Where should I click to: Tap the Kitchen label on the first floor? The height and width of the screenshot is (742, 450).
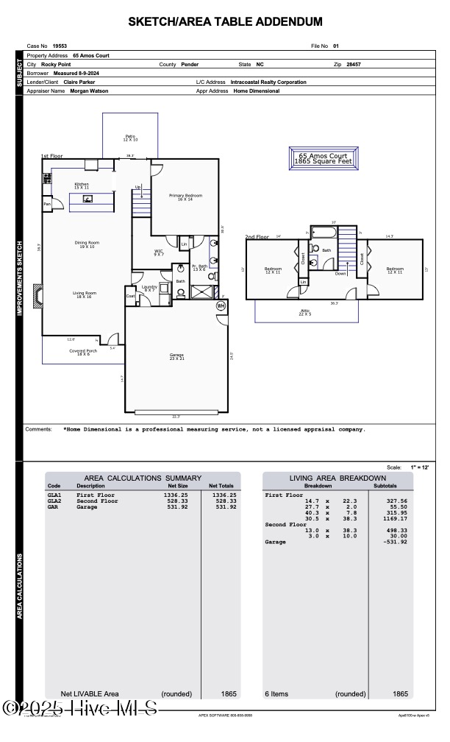pos(82,185)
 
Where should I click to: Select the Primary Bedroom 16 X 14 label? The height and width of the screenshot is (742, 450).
pos(185,197)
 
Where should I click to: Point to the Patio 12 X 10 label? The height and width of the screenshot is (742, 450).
pos(130,138)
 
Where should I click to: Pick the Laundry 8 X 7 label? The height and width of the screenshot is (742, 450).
pos(149,289)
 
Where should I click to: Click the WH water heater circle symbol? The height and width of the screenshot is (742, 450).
pos(221,306)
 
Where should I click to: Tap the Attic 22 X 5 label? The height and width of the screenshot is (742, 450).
pos(305,312)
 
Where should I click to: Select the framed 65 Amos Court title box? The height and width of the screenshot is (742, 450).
pos(324,158)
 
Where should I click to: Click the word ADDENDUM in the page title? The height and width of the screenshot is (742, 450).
pos(282,22)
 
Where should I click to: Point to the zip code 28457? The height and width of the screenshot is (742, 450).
pos(354,65)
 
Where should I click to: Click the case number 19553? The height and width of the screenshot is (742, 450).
pos(60,46)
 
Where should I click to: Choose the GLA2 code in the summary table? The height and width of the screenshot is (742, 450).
pos(54,501)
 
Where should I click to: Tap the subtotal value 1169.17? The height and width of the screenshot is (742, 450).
pos(394,518)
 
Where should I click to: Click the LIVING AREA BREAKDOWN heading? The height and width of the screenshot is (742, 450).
pos(337,478)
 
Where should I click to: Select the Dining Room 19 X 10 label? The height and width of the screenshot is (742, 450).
pos(87,244)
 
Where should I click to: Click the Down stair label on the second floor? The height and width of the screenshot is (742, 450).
pos(340,273)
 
